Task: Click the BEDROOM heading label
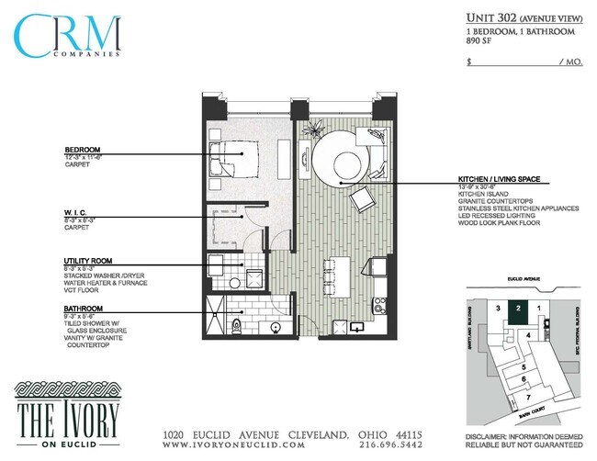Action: [82, 151]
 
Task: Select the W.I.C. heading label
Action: [77, 213]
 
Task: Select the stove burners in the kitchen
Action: [377, 303]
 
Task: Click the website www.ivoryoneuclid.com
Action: [233, 444]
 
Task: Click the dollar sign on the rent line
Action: [469, 62]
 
